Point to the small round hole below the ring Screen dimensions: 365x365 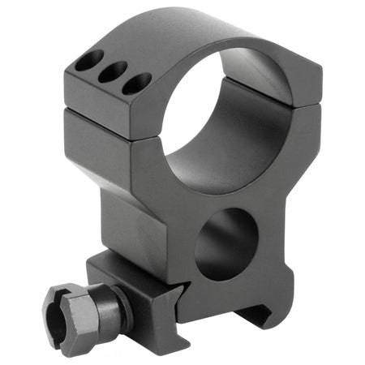tap(226, 243)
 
